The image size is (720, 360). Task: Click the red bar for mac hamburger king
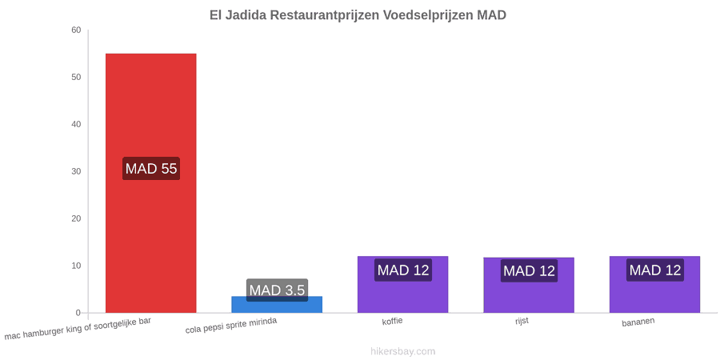point(151,183)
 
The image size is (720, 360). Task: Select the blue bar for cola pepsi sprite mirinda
point(277,305)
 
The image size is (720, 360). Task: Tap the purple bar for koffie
point(402,285)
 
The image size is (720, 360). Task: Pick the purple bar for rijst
point(529,285)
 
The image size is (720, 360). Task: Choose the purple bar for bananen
point(654,285)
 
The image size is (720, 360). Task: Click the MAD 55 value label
point(151,169)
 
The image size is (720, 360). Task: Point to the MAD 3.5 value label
point(277,290)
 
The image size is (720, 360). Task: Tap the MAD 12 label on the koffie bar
point(403,270)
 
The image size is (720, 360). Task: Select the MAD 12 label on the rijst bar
point(529,271)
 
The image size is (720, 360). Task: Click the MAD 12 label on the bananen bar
point(654,270)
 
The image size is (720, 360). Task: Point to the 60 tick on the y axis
point(76,30)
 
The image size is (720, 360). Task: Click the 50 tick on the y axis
point(76,77)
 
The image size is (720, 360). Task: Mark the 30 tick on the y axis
point(76,171)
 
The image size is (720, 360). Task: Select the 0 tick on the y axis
point(78,313)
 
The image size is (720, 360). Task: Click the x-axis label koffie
point(393,321)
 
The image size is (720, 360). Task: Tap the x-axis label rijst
point(522,321)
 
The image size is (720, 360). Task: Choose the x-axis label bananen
point(638,322)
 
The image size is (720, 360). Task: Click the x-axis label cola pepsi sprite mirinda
point(231,326)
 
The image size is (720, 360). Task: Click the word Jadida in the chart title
point(246,14)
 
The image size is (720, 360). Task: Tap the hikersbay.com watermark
point(402,352)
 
